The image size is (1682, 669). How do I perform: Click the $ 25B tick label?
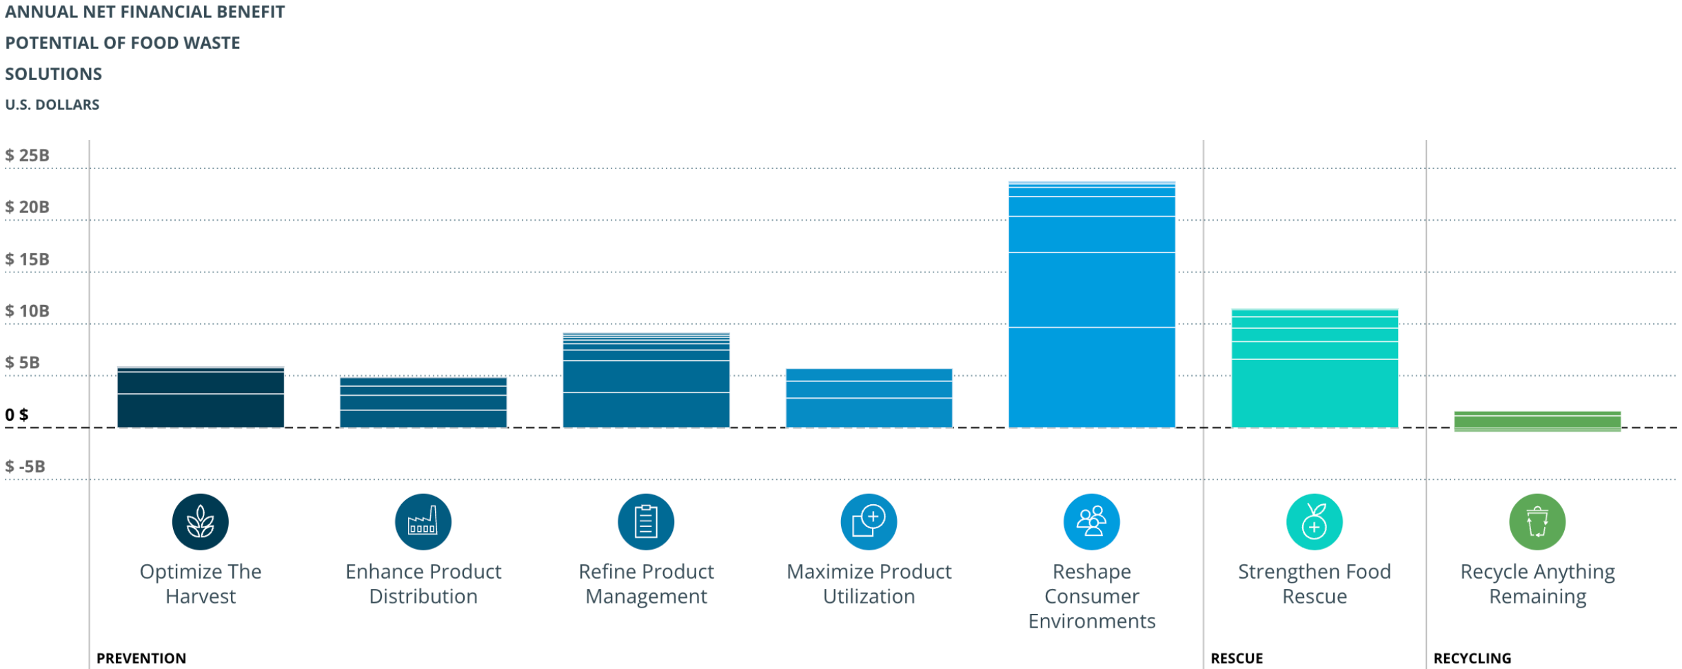tap(28, 155)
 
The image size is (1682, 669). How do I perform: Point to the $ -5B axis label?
tap(26, 467)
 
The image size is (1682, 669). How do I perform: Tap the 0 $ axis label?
tap(17, 415)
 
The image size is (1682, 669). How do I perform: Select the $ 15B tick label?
tap(28, 259)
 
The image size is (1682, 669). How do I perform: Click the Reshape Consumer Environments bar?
tap(1091, 305)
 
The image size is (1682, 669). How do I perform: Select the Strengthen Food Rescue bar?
tap(1314, 369)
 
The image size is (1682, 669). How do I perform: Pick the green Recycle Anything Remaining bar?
tap(1537, 421)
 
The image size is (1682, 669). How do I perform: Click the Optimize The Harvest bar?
tap(201, 398)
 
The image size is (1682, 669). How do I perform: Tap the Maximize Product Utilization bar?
tap(869, 399)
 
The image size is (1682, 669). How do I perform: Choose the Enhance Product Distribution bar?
tap(423, 403)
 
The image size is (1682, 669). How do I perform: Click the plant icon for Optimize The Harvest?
tap(201, 522)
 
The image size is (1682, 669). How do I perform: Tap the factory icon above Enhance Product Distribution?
tap(423, 522)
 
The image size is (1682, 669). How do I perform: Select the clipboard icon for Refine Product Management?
tap(646, 522)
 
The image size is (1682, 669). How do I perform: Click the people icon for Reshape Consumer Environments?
tap(1091, 522)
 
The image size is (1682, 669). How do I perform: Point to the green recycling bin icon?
tap(1537, 522)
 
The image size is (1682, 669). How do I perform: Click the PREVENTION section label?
tap(141, 658)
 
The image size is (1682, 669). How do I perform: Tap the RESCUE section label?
tap(1237, 658)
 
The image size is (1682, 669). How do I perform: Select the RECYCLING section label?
tap(1472, 658)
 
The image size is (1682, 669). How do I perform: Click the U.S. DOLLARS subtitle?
tap(52, 105)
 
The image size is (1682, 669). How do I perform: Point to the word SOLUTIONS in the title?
tap(54, 74)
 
